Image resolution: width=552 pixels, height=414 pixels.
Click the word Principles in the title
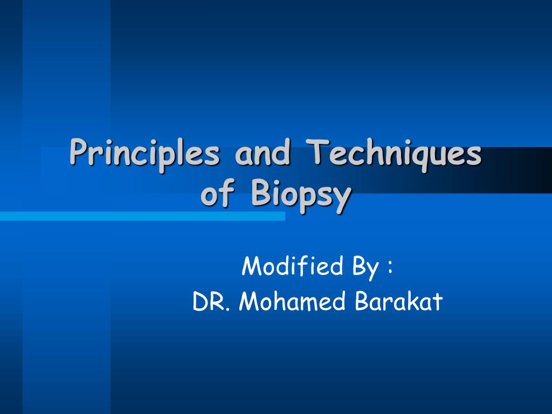click(x=144, y=155)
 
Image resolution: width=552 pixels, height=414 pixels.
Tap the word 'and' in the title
click(x=263, y=152)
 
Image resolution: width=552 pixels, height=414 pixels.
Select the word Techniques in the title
click(x=393, y=155)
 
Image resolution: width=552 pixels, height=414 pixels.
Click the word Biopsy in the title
click(x=301, y=196)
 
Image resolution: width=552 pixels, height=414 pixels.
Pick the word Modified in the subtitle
click(x=292, y=266)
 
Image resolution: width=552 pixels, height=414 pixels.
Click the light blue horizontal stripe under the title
click(x=142, y=216)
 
